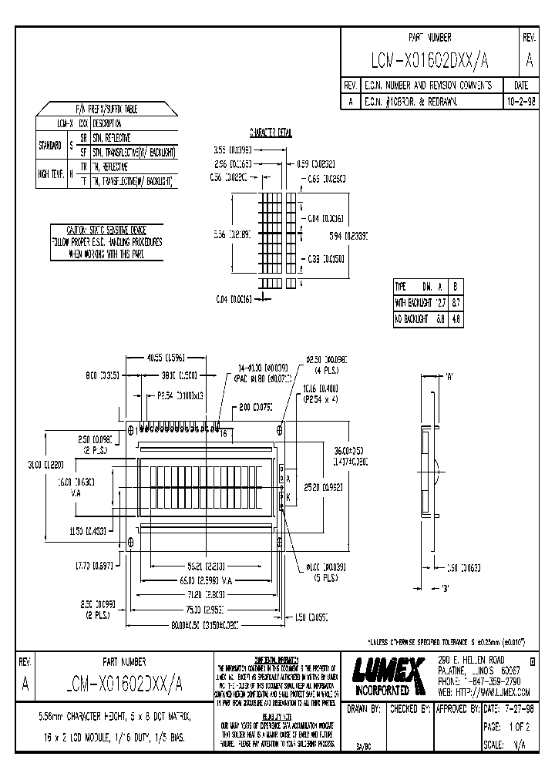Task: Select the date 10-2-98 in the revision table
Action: (x=521, y=101)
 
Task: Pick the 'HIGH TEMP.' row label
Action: (x=52, y=173)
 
